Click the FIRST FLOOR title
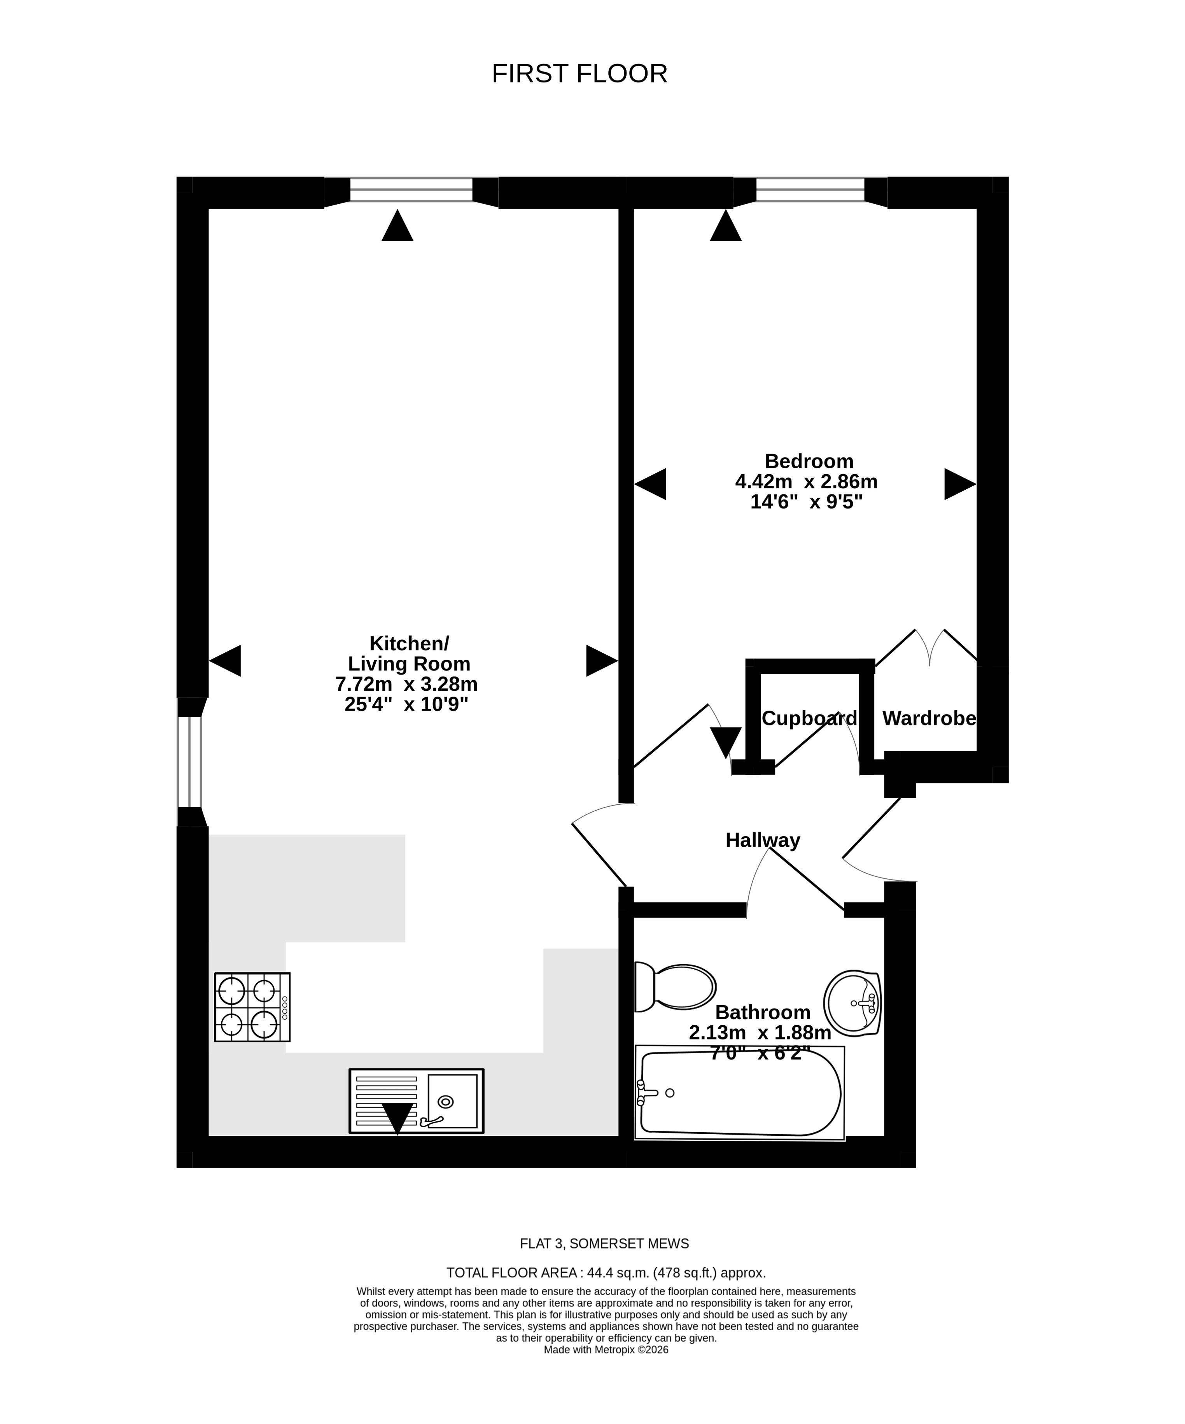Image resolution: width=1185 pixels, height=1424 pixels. coord(579,73)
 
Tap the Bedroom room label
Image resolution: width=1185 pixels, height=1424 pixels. coord(809,461)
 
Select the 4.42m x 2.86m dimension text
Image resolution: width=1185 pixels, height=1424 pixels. coord(806,482)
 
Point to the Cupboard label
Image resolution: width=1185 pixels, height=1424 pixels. coord(809,718)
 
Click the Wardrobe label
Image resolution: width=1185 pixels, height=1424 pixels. coord(929,718)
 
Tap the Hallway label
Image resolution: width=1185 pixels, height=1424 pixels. coord(763,840)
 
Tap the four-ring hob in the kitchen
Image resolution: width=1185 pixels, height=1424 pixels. coord(252,1007)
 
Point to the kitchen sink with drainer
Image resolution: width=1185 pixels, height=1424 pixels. coord(416,1100)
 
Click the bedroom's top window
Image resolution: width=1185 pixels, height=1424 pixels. coord(810,190)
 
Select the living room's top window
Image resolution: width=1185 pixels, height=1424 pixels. coord(411,190)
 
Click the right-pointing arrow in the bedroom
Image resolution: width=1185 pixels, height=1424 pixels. coord(960,484)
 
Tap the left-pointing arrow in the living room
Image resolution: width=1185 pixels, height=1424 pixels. coord(225,660)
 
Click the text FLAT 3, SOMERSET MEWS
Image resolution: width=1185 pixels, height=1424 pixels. coord(604,1244)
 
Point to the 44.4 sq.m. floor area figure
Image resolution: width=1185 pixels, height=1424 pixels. coord(616,1273)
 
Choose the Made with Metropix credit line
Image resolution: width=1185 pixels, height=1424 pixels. coord(606,1350)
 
